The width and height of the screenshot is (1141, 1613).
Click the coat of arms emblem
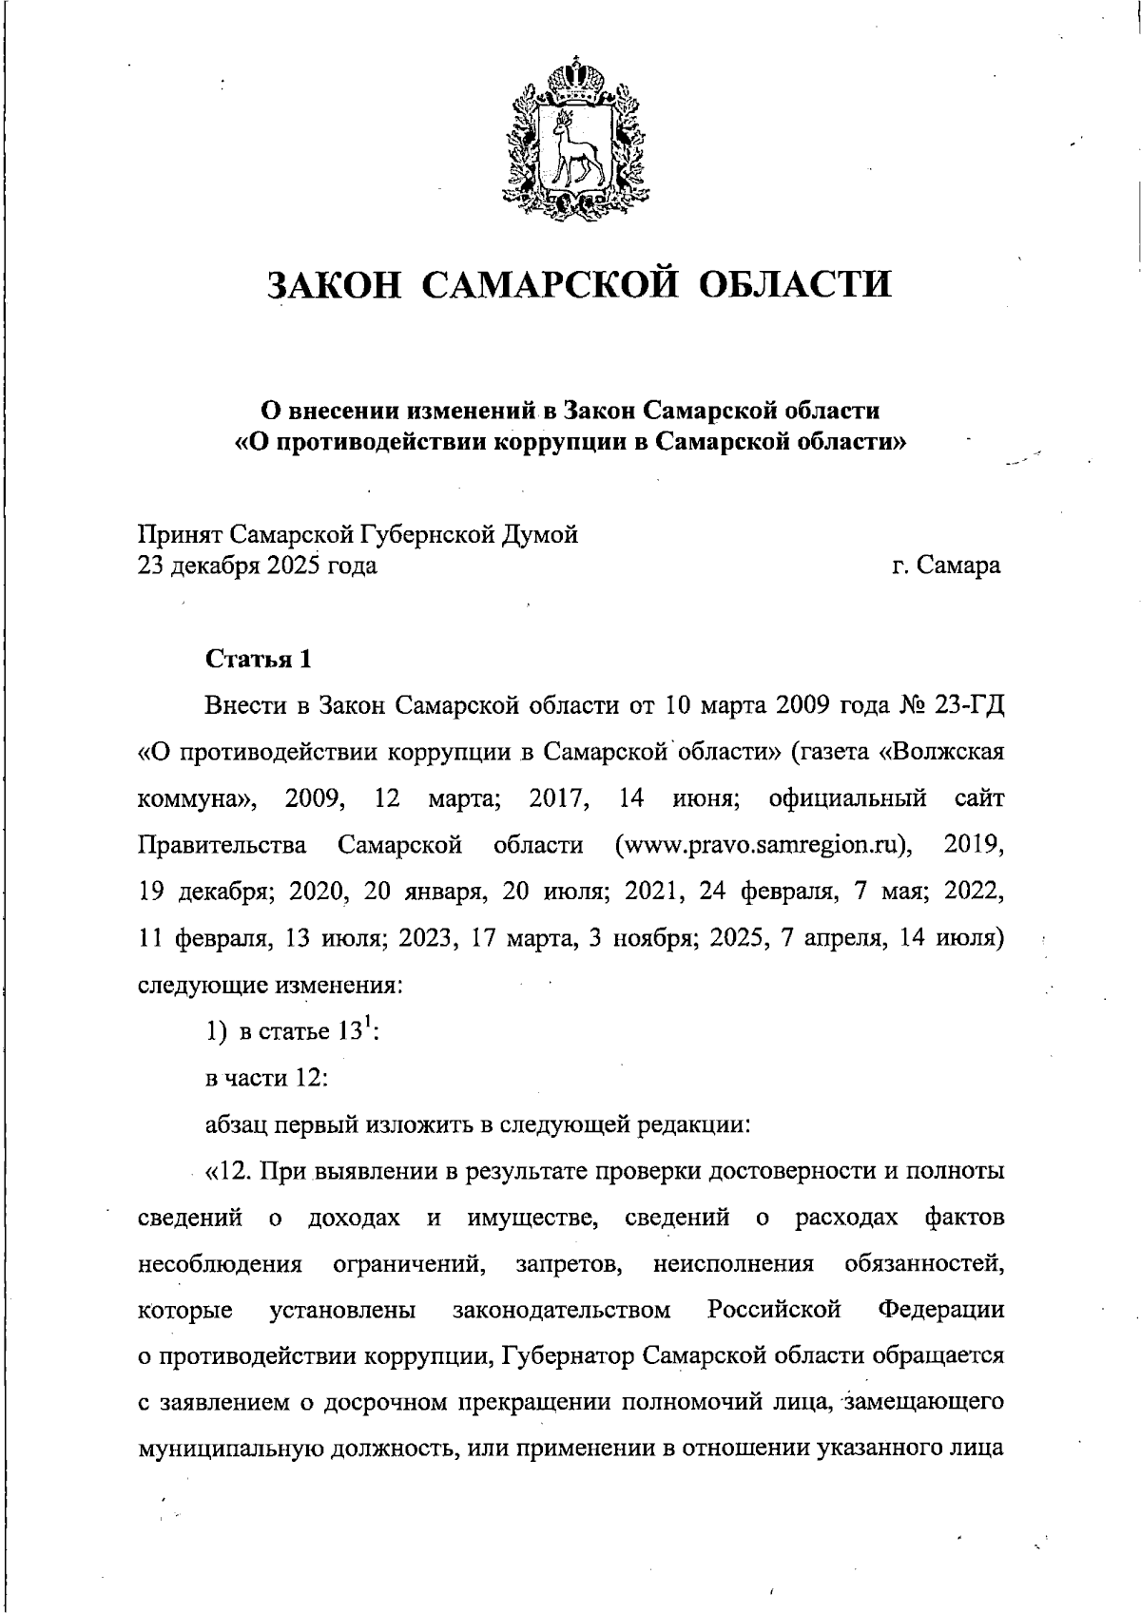(x=570, y=140)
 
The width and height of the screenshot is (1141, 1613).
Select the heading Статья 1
(x=259, y=659)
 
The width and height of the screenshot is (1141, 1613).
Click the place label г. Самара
(x=946, y=566)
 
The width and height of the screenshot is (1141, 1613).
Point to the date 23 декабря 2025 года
(x=258, y=566)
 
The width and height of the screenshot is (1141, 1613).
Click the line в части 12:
(x=267, y=1078)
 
